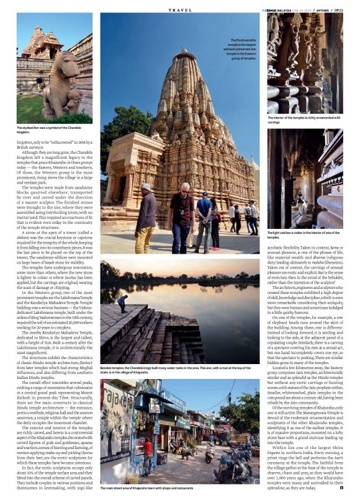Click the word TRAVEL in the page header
pos(180,10)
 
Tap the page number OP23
pos(349,10)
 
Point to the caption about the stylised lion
pos(49,130)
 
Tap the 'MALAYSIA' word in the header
pos(287,10)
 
